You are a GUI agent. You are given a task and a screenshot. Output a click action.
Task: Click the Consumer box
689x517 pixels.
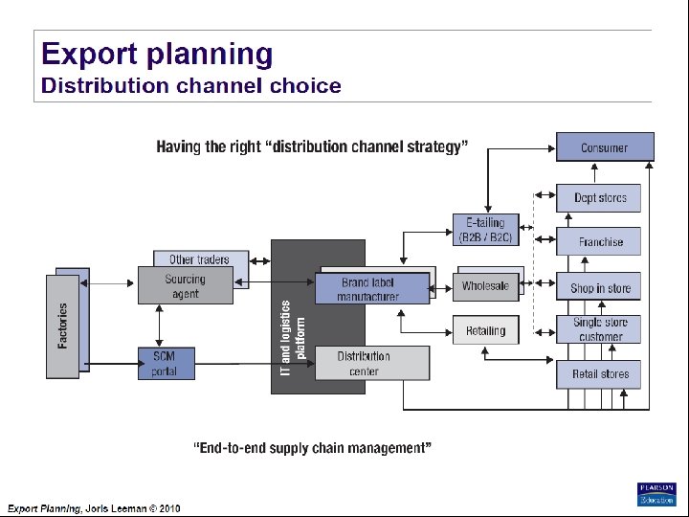click(x=604, y=147)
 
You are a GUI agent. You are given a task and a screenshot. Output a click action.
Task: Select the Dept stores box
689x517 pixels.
click(x=600, y=198)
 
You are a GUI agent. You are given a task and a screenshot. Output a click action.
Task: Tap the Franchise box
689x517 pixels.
click(x=600, y=242)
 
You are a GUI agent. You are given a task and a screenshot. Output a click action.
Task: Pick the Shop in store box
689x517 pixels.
click(x=600, y=287)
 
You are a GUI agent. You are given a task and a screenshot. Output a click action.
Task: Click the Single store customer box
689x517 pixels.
click(x=600, y=329)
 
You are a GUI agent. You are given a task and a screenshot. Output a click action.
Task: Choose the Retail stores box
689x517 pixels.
click(x=600, y=373)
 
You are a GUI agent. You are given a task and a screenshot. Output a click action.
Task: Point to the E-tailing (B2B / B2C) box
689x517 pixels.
click(x=485, y=230)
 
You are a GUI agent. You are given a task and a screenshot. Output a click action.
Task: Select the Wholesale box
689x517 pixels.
click(x=485, y=286)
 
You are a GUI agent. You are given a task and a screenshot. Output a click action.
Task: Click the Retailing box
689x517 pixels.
click(x=485, y=330)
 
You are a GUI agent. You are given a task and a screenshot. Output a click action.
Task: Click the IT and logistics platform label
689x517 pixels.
click(x=293, y=337)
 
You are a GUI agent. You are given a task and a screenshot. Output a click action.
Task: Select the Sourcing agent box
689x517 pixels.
click(x=185, y=286)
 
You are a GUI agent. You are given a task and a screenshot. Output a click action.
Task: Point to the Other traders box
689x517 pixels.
click(x=200, y=259)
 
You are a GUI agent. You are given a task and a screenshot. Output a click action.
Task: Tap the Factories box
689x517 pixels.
click(x=63, y=326)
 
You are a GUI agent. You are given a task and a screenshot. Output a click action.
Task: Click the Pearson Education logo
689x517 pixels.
click(x=656, y=493)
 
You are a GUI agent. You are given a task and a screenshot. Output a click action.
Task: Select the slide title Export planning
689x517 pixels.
click(x=157, y=55)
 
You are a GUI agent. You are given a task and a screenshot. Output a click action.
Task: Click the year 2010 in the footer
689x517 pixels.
click(x=169, y=508)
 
